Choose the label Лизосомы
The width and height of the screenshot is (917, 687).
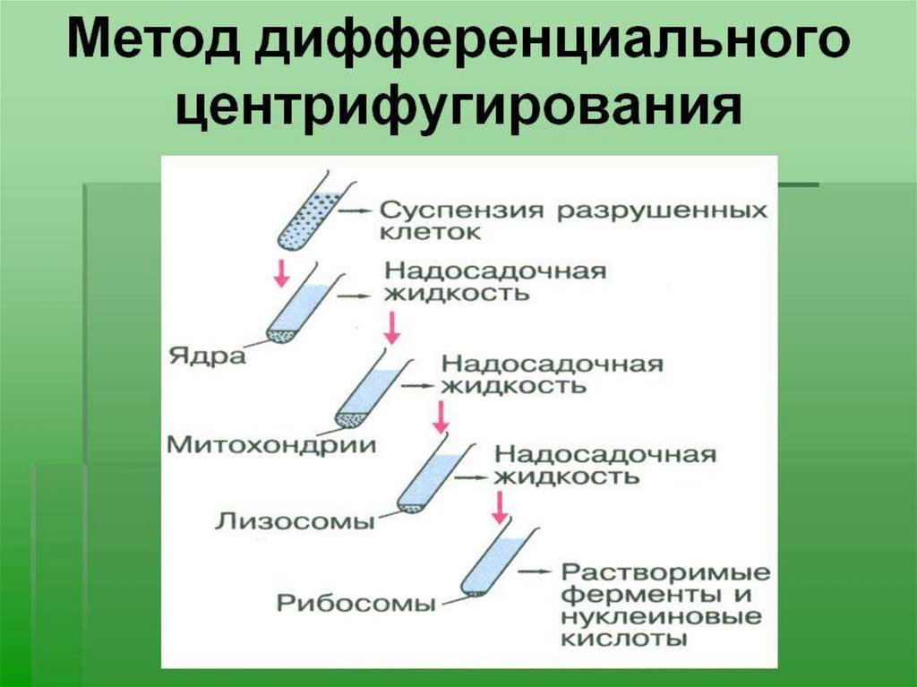click(295, 521)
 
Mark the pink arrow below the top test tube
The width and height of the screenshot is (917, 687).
click(281, 271)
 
